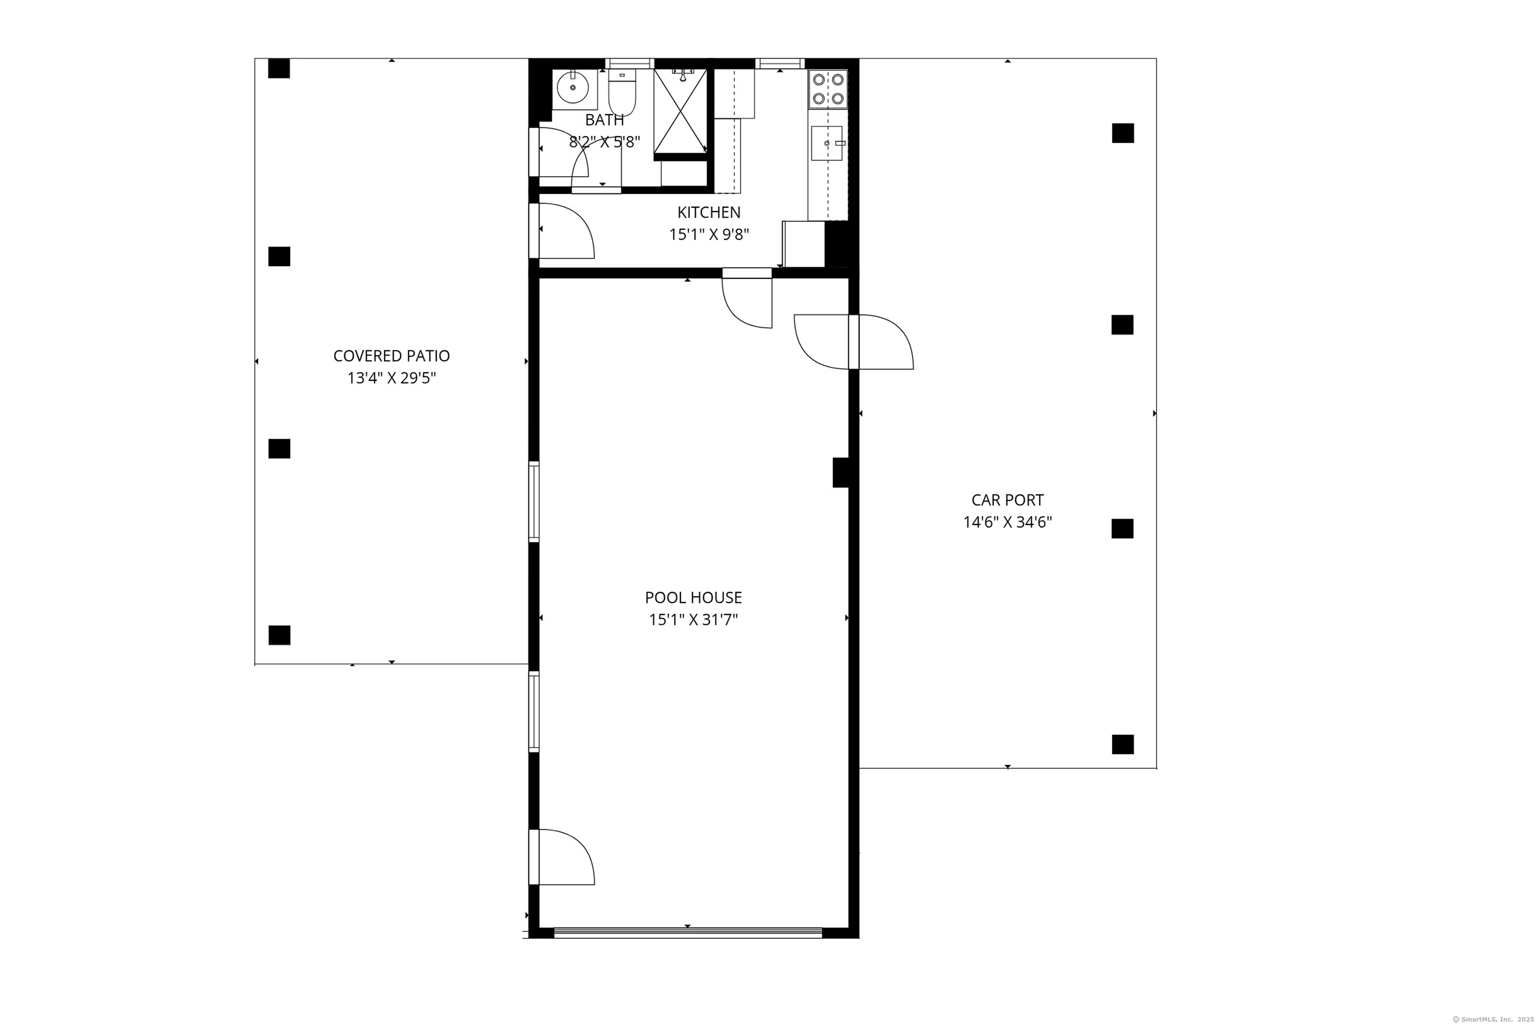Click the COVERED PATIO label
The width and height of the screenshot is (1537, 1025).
click(391, 356)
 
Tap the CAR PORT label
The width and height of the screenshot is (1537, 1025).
click(1007, 500)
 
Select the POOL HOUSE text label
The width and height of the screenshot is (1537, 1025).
click(693, 598)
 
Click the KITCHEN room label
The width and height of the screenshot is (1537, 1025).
click(708, 212)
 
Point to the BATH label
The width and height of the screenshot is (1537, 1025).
click(604, 120)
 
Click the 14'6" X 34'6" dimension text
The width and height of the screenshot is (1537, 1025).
click(1007, 523)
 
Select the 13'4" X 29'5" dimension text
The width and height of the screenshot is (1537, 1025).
click(391, 378)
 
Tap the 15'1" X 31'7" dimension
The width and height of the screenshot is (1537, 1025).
click(693, 620)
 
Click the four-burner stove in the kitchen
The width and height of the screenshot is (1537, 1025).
click(828, 90)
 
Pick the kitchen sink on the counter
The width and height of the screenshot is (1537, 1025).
click(827, 143)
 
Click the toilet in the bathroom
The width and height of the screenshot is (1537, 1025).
click(621, 93)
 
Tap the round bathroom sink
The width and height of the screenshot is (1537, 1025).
click(573, 88)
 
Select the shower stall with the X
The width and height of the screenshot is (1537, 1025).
click(680, 111)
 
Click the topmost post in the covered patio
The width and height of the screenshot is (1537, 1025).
click(279, 68)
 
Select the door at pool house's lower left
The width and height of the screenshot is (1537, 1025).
click(562, 857)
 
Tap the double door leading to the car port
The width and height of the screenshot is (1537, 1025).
click(854, 342)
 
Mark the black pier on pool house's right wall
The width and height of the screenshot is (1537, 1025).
click(841, 472)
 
